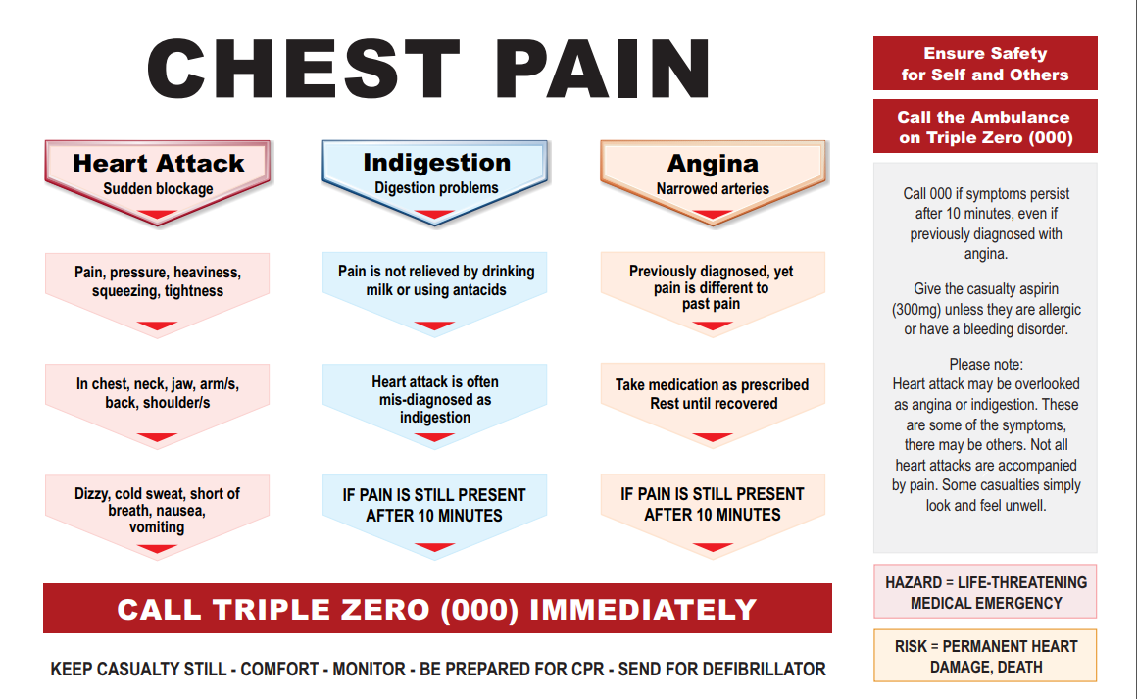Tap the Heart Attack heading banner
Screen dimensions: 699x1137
158,174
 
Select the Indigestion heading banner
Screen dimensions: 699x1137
436,174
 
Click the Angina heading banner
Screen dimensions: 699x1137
713,175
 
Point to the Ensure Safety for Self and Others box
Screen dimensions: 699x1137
985,64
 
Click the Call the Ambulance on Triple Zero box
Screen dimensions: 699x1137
985,126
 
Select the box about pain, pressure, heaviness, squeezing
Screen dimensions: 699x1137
158,281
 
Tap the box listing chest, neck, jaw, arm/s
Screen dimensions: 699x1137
158,393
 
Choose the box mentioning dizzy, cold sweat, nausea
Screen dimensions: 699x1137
158,510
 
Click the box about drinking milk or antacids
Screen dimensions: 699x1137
436,280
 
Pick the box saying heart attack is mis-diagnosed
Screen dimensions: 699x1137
435,399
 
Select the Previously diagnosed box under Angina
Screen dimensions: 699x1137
712,287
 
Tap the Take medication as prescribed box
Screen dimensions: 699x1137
713,394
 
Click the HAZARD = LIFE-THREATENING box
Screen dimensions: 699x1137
985,592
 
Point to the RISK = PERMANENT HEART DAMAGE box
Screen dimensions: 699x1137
985,656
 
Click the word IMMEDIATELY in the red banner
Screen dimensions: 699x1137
643,609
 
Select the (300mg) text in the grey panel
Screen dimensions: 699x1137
918,310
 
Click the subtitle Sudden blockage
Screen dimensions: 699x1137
158,188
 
